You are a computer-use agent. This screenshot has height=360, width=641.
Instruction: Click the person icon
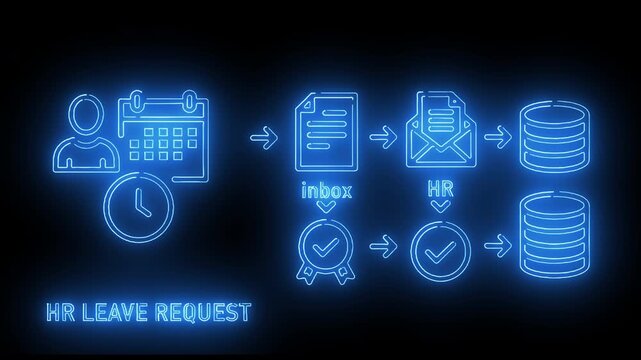[x=84, y=134]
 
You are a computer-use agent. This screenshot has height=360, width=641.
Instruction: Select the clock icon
[x=139, y=206]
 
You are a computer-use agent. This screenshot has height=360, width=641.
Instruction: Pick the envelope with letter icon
[x=436, y=132]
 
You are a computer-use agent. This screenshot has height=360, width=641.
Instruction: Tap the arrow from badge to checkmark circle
[x=379, y=244]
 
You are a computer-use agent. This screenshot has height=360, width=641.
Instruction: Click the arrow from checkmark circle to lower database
[x=493, y=244]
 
